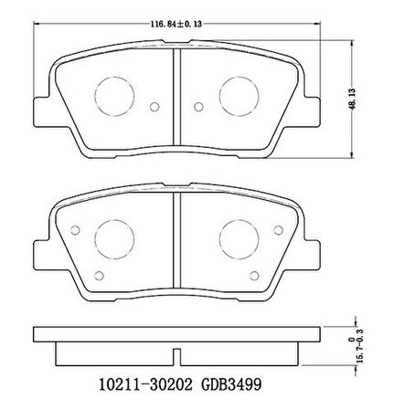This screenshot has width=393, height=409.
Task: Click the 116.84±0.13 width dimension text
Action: tap(176, 24)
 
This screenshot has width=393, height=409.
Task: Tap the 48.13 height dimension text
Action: tap(353, 99)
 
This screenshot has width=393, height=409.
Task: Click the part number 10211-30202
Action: tap(145, 385)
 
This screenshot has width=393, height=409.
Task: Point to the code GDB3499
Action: tap(232, 385)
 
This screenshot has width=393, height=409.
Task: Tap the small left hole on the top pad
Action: tap(154, 107)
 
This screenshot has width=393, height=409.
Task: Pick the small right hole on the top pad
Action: tap(198, 107)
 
